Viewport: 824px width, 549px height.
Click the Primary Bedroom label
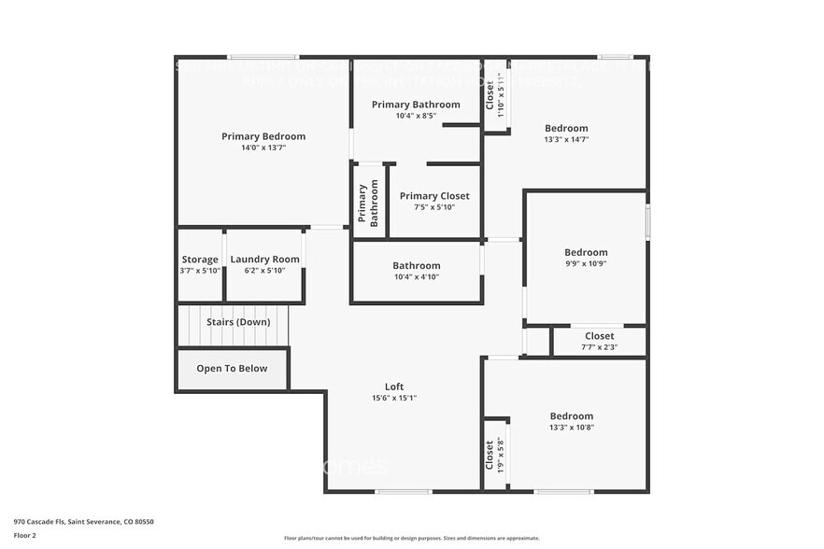pyautogui.click(x=263, y=136)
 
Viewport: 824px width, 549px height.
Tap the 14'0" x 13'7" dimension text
pyautogui.click(x=263, y=148)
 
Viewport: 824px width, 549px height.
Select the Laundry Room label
pyautogui.click(x=264, y=260)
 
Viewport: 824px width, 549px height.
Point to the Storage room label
pyautogui.click(x=200, y=260)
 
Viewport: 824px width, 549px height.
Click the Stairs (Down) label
pyautogui.click(x=238, y=322)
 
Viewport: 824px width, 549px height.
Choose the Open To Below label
pyautogui.click(x=232, y=368)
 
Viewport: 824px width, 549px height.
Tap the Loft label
pyautogui.click(x=394, y=387)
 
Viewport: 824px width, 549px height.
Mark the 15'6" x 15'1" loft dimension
pyautogui.click(x=394, y=398)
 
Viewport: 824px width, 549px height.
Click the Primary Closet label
pyautogui.click(x=434, y=196)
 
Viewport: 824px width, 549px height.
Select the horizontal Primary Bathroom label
pyautogui.click(x=416, y=105)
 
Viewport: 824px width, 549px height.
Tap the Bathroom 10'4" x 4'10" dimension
pyautogui.click(x=416, y=276)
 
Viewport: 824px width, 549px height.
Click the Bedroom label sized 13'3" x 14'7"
pyautogui.click(x=566, y=128)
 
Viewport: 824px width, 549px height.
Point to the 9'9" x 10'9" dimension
pyautogui.click(x=586, y=263)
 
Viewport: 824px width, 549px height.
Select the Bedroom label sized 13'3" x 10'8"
pyautogui.click(x=571, y=416)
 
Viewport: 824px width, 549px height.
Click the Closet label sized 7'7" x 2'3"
pyautogui.click(x=599, y=336)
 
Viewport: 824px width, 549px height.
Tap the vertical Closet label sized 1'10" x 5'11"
pyautogui.click(x=490, y=95)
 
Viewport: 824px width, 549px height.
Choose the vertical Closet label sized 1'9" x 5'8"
pyautogui.click(x=489, y=457)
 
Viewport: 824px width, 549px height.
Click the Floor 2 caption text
pyautogui.click(x=25, y=536)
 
